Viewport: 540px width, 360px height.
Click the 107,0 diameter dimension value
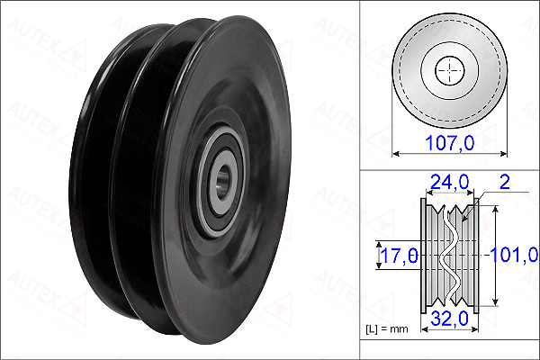[450, 142]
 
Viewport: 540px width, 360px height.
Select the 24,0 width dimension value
[449, 182]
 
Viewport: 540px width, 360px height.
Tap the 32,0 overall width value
[449, 319]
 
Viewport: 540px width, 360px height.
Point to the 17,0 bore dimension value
[400, 256]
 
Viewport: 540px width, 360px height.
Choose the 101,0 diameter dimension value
[514, 255]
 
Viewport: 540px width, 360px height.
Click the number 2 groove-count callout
[504, 182]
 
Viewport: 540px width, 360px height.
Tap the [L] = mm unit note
[387, 329]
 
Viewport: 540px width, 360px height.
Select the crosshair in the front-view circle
[450, 70]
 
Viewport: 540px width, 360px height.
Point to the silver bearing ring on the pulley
[220, 182]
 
